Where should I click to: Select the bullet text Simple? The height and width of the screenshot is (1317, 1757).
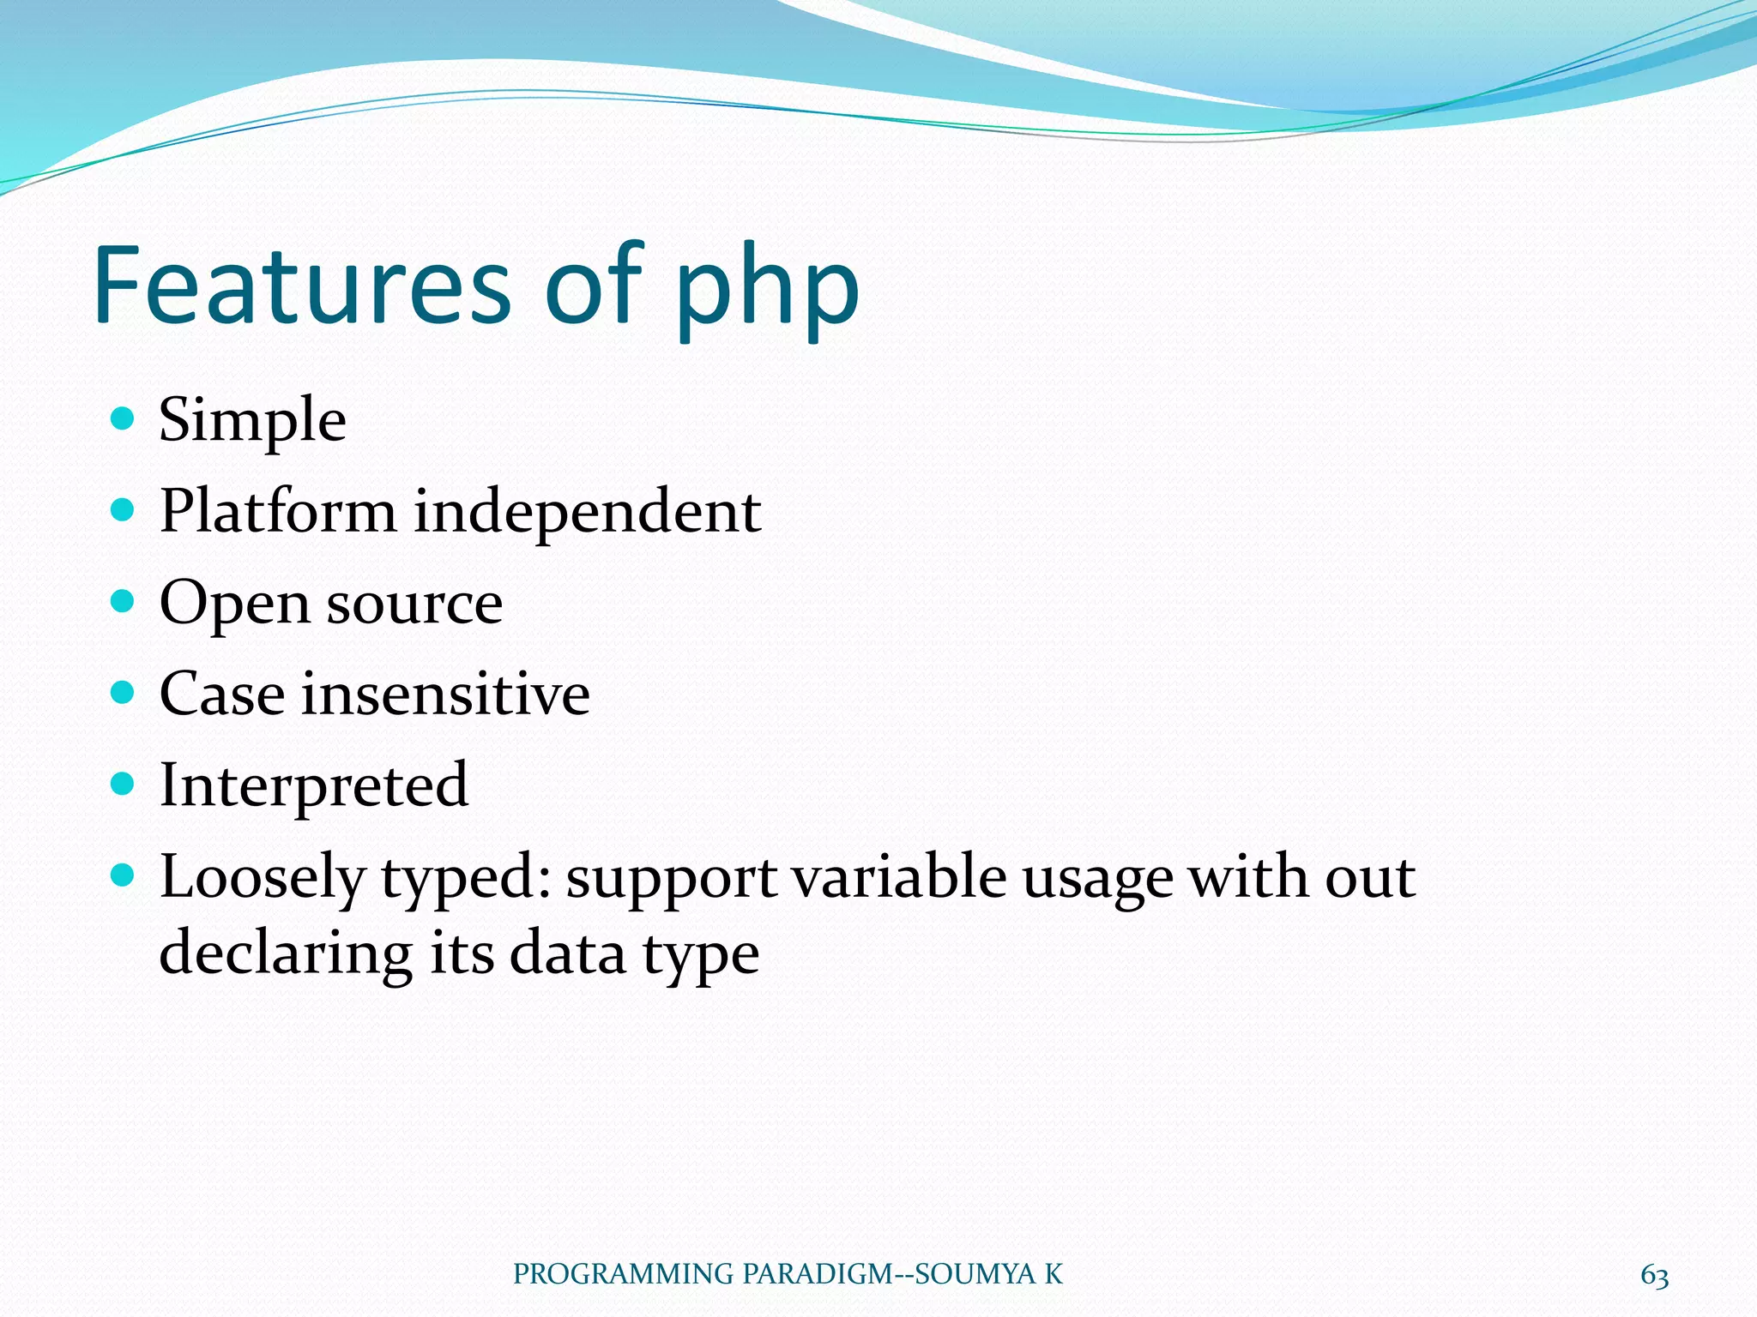point(252,421)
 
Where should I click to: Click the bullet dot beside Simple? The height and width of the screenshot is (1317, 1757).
point(124,418)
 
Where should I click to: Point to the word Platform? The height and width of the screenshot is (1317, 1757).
point(277,511)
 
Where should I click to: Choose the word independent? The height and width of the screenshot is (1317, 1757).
point(588,513)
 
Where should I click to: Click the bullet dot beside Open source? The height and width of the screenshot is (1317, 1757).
point(124,601)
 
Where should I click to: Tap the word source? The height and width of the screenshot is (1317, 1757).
point(414,604)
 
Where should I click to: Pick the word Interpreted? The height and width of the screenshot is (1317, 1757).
point(313,786)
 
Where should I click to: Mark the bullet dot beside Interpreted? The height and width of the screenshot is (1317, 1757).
point(124,784)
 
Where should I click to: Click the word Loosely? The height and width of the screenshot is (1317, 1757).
point(263,880)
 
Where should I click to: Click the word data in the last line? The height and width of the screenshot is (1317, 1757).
point(567,953)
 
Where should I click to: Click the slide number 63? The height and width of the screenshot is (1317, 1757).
point(1654,1276)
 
